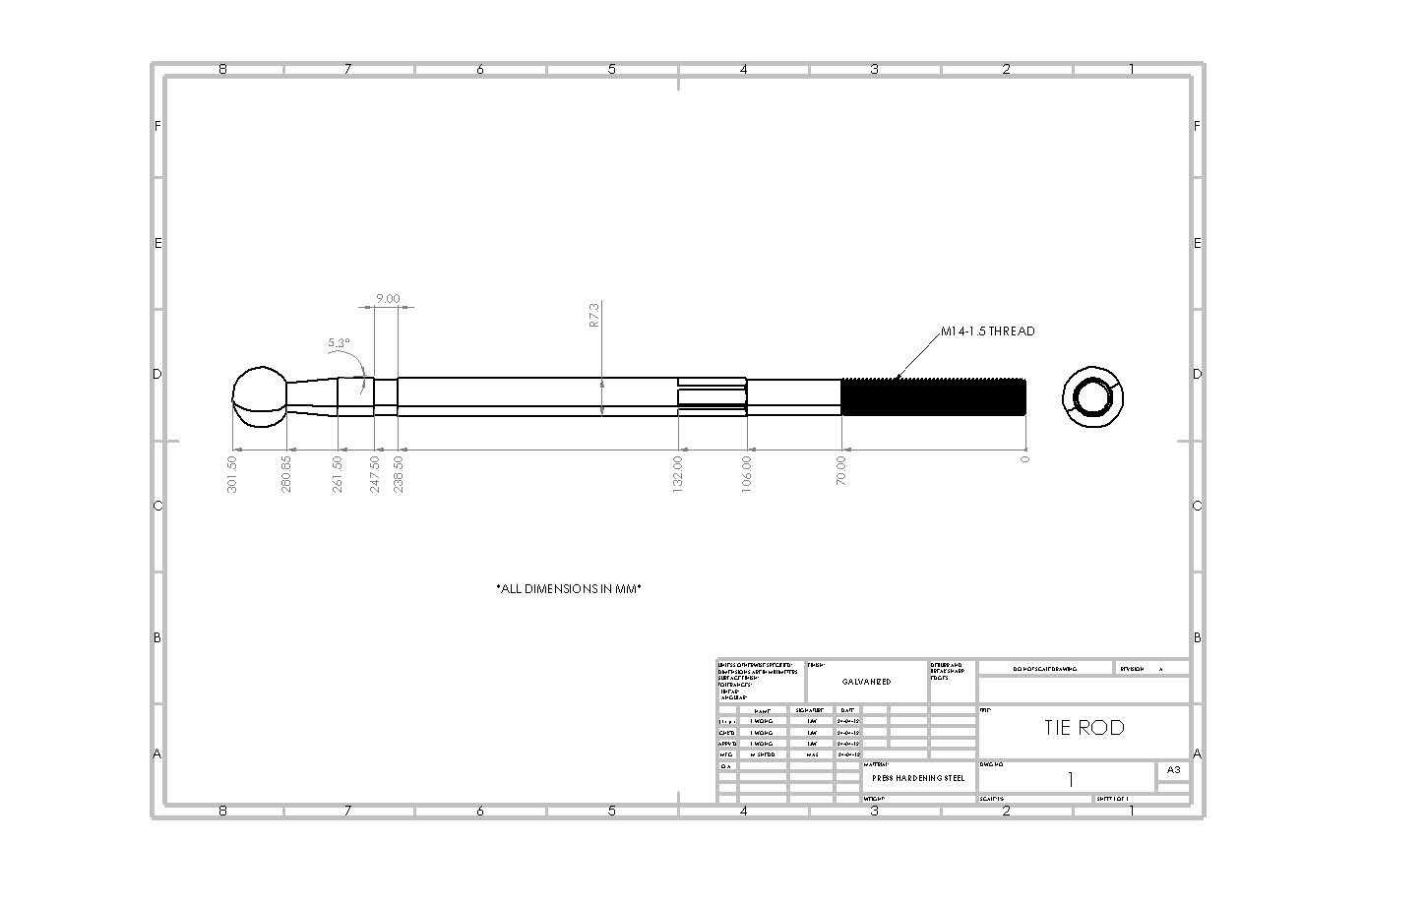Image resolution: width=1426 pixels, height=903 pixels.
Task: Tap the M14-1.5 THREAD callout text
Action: click(987, 331)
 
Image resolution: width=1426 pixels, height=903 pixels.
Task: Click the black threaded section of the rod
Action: click(933, 397)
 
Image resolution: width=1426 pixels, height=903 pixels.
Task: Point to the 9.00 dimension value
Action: click(388, 299)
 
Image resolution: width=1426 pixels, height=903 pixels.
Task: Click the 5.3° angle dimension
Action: click(339, 343)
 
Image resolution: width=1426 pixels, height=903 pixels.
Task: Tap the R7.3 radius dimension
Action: click(593, 315)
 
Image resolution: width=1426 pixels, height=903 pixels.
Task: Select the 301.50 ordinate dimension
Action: click(232, 473)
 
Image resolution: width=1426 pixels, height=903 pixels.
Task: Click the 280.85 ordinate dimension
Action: click(286, 473)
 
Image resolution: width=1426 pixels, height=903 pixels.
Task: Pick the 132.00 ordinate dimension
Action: click(678, 473)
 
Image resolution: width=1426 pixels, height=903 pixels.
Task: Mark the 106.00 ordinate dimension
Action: click(747, 473)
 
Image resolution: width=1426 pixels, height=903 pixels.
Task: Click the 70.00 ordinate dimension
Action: click(841, 469)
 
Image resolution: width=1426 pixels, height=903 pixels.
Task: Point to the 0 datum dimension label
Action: click(1024, 459)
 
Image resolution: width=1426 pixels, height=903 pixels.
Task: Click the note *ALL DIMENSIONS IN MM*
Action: click(569, 589)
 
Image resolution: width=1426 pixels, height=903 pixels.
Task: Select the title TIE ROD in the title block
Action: click(1084, 728)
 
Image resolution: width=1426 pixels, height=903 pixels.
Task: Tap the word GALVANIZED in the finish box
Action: click(866, 682)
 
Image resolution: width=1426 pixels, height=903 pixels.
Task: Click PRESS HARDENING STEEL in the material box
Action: click(918, 778)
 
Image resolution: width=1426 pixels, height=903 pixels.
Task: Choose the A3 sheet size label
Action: click(1173, 770)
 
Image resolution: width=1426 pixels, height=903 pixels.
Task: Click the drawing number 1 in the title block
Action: click(1070, 779)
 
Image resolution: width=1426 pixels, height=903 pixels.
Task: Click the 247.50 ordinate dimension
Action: click(374, 473)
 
